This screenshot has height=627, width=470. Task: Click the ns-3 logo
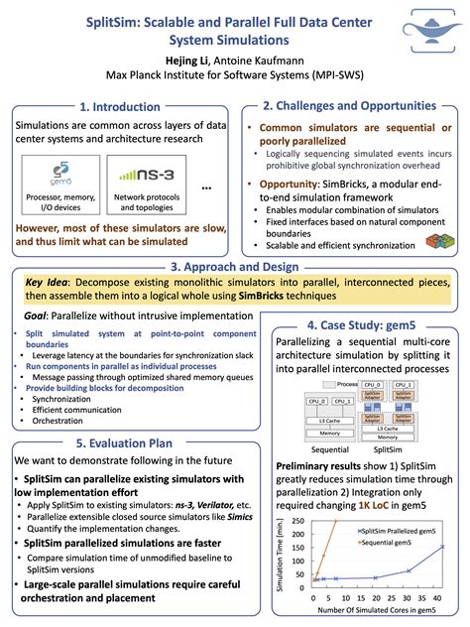(x=143, y=178)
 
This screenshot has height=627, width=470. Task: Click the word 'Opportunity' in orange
(x=289, y=184)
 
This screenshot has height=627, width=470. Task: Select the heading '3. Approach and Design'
(x=234, y=266)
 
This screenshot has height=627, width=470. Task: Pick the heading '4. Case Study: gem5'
(x=363, y=324)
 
